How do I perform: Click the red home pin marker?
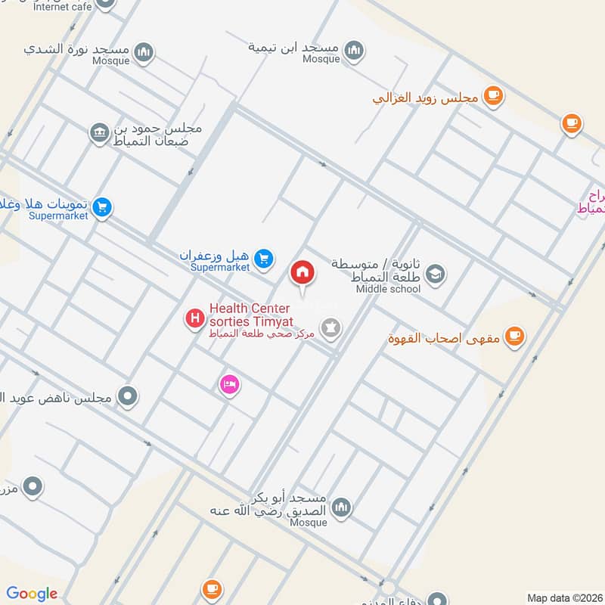click(x=302, y=271)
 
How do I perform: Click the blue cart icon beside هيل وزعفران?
click(x=262, y=259)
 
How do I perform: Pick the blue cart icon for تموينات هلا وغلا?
click(x=103, y=206)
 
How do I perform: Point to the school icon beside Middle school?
click(x=435, y=274)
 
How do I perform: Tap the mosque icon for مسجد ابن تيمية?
click(x=353, y=51)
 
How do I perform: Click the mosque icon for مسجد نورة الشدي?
click(x=144, y=51)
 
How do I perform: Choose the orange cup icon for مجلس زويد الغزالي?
click(x=494, y=96)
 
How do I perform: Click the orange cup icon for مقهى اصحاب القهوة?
click(x=514, y=335)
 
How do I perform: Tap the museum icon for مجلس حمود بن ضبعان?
click(x=98, y=133)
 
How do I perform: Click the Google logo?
click(x=32, y=594)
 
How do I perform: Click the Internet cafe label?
click(x=63, y=7)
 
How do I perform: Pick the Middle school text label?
click(x=388, y=289)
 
